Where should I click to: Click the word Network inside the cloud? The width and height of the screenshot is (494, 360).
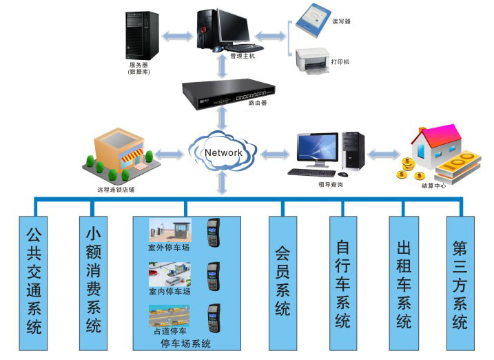pos(223,152)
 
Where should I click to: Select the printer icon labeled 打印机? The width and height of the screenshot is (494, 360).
pos(313,61)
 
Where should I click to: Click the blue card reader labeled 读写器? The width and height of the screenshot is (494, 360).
pos(314,21)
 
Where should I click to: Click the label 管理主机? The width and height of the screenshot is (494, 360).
pos(242,56)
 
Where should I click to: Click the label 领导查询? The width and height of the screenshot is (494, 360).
pos(331,184)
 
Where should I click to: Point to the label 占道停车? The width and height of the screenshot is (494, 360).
pos(169,332)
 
